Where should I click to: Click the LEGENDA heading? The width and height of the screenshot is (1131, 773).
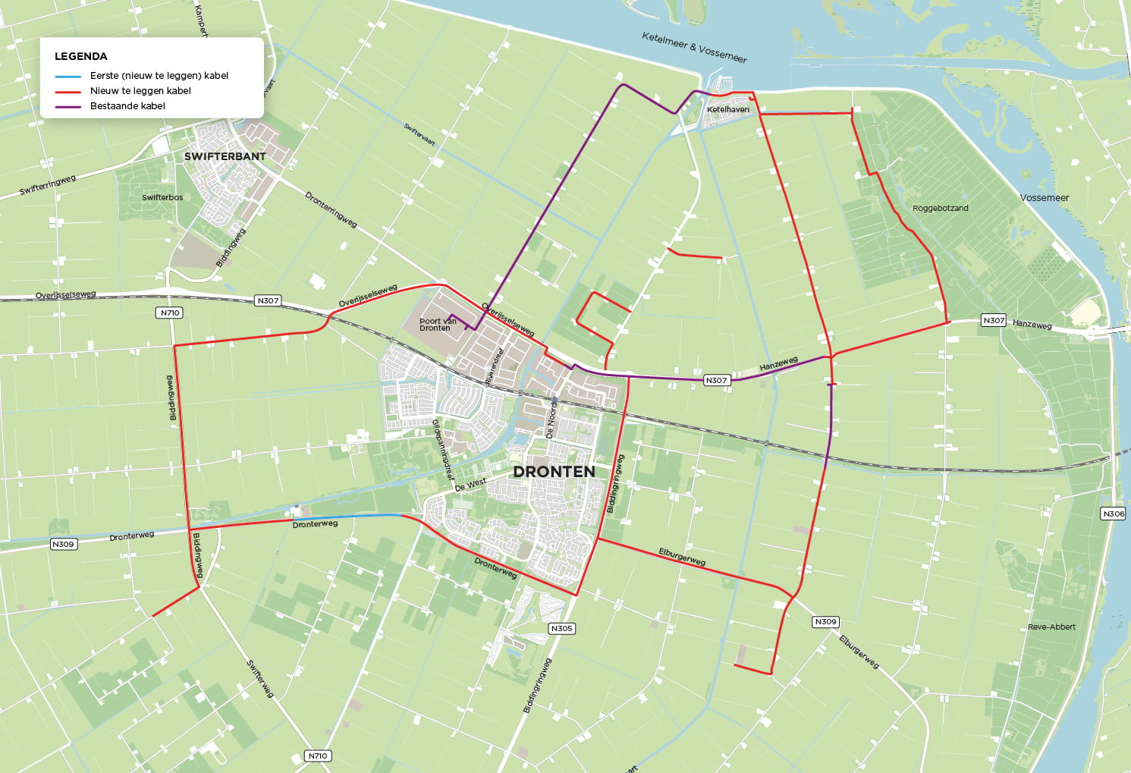click(x=80, y=56)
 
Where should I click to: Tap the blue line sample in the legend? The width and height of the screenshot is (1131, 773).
click(x=68, y=76)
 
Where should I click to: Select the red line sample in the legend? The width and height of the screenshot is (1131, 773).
click(x=68, y=91)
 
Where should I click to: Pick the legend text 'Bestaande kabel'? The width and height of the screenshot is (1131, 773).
click(x=127, y=106)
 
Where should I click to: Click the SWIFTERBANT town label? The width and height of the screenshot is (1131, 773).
click(x=225, y=156)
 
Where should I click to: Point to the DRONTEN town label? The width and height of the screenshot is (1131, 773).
click(x=554, y=471)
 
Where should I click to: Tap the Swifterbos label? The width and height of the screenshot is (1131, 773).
click(x=162, y=197)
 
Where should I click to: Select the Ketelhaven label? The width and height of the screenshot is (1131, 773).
click(x=727, y=109)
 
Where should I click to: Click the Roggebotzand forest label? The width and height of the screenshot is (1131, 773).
click(x=940, y=208)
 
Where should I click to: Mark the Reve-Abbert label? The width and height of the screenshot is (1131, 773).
click(x=1051, y=627)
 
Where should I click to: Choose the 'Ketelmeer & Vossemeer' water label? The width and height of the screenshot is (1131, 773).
click(x=694, y=47)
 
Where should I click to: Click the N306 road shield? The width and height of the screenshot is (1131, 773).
click(x=1113, y=514)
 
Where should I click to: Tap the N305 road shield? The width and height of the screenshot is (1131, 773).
click(x=561, y=628)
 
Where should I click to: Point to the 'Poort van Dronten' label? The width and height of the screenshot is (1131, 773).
click(x=438, y=325)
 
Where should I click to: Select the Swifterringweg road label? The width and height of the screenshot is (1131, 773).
click(x=47, y=185)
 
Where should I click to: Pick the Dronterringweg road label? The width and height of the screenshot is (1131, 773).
click(x=331, y=209)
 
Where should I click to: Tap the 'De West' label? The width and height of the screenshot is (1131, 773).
click(x=470, y=484)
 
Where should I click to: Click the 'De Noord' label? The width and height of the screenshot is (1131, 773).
click(x=551, y=420)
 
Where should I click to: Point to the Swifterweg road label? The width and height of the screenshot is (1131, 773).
click(x=259, y=678)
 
